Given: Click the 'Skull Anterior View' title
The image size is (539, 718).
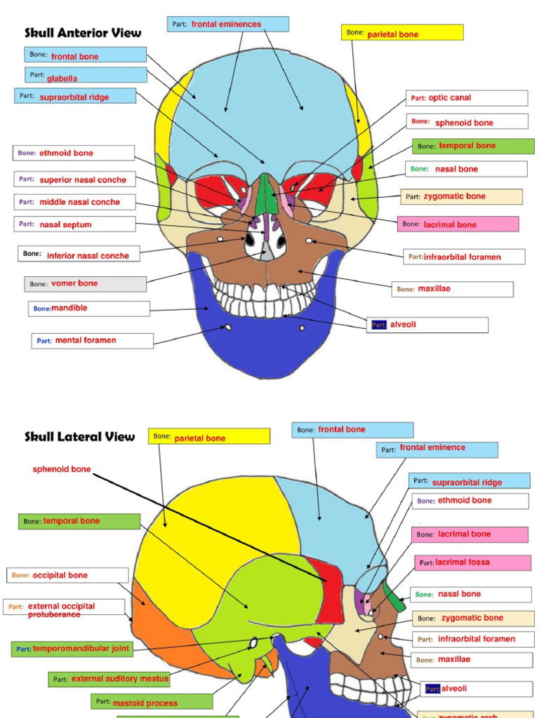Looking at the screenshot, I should [x=83, y=33].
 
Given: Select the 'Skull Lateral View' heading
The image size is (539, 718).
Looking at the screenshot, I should [x=79, y=437].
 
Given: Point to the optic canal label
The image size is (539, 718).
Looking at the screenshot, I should [x=466, y=98].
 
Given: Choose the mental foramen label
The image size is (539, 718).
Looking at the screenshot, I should [x=92, y=341].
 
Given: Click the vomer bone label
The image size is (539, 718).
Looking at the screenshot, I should [x=85, y=284].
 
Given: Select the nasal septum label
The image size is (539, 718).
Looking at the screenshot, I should [x=74, y=224].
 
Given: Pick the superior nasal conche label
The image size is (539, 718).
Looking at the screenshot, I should [x=74, y=179].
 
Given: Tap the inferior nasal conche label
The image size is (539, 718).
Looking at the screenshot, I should [x=79, y=255].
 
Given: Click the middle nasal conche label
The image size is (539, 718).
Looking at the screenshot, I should [x=74, y=202].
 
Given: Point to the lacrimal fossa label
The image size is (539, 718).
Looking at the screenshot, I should [x=472, y=562].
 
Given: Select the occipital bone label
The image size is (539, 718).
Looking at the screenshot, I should [x=68, y=575].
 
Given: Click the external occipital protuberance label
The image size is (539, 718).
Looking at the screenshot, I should [x=63, y=609].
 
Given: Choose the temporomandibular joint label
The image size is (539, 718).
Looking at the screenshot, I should [x=72, y=649].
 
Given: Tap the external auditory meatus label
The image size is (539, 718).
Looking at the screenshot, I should [x=110, y=679].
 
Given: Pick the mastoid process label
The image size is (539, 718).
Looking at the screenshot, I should [x=152, y=702].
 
